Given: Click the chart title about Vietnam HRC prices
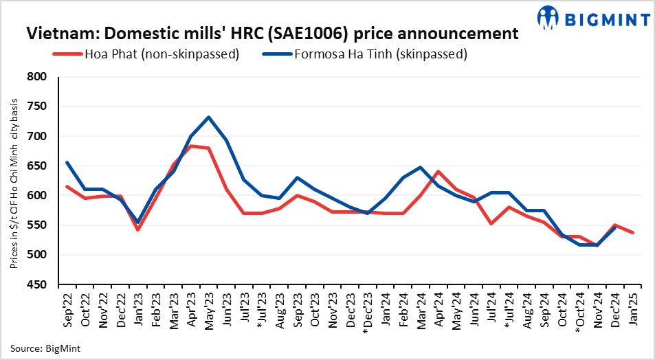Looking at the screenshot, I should [x=271, y=32].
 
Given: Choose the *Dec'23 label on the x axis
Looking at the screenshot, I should [x=366, y=311].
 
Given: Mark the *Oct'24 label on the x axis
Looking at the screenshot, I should [x=579, y=311].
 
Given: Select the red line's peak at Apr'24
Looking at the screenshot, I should [x=438, y=171].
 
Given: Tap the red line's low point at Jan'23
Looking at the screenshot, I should [x=137, y=229].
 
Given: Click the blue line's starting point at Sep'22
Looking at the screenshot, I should [x=67, y=163].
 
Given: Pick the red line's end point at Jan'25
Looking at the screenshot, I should [x=632, y=233].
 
